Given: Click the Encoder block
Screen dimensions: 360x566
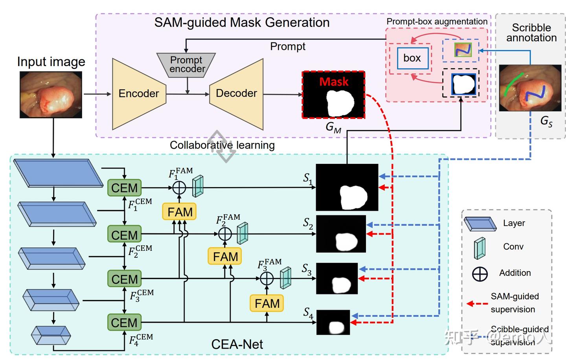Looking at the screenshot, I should click(x=139, y=94).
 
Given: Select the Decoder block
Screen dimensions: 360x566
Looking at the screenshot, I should click(x=236, y=94).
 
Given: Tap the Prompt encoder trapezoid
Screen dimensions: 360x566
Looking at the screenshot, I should click(x=186, y=64).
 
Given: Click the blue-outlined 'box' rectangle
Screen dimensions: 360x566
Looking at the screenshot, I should click(x=412, y=58).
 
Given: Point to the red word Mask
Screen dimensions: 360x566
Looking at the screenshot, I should click(x=334, y=82).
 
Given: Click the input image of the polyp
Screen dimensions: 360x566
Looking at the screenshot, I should click(x=51, y=94).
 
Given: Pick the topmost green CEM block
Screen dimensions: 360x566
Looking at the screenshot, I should click(x=124, y=188).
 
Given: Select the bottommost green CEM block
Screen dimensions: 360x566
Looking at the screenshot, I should click(x=124, y=323).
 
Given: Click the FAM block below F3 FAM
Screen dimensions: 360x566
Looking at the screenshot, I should click(x=267, y=303).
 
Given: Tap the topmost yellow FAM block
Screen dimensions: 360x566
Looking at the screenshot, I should click(x=180, y=212).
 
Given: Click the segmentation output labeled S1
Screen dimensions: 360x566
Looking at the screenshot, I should click(x=347, y=187).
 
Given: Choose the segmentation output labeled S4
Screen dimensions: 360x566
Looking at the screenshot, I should click(x=333, y=322).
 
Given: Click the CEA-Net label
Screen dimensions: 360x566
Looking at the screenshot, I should click(x=237, y=344).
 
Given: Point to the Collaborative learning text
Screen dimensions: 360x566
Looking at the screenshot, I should click(x=222, y=145).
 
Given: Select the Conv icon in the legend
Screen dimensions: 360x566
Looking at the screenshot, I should click(x=480, y=248).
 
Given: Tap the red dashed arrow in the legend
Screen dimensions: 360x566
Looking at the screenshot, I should click(x=477, y=303).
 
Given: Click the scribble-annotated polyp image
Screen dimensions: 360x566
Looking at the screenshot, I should click(x=530, y=88).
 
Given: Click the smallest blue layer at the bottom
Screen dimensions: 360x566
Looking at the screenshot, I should click(x=51, y=335).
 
